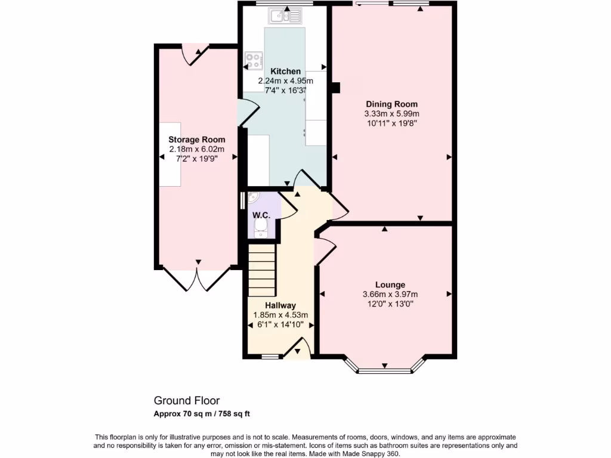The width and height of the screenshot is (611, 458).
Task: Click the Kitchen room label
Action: click(x=285, y=71)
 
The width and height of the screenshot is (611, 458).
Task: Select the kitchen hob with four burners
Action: click(x=254, y=60)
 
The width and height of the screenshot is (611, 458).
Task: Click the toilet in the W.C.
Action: click(x=260, y=225)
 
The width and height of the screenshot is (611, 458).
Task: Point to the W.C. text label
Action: click(x=261, y=214)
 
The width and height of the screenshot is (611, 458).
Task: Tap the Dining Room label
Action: click(x=391, y=104)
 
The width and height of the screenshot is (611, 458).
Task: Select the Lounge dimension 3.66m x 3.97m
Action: click(x=390, y=294)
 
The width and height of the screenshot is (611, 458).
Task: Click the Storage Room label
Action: click(x=197, y=140)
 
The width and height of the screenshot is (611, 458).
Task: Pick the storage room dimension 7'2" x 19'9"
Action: click(x=197, y=159)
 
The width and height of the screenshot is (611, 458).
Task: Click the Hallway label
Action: click(x=280, y=305)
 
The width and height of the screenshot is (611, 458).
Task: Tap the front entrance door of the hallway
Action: click(x=298, y=349)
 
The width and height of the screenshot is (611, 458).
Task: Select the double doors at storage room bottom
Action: click(x=197, y=278)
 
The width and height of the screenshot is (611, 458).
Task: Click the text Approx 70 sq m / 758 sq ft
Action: click(x=202, y=413)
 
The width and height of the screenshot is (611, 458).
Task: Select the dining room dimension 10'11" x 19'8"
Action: click(x=391, y=123)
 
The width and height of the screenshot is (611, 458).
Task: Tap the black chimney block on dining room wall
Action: click(x=335, y=87)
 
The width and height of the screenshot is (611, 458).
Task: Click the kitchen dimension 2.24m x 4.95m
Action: click(x=285, y=81)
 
